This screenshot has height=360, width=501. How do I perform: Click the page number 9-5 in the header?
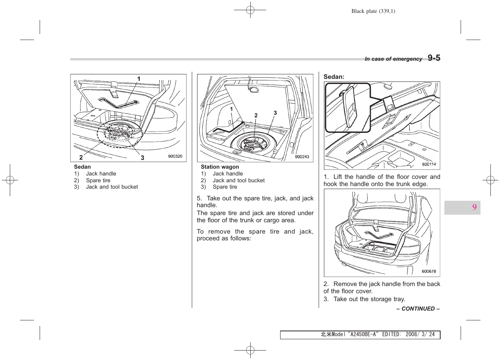(x=434, y=58)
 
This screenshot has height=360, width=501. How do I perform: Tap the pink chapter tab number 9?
(x=474, y=207)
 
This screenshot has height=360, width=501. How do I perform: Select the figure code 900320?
(x=175, y=156)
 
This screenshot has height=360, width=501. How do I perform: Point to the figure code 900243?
(x=302, y=157)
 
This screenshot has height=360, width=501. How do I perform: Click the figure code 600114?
(x=429, y=164)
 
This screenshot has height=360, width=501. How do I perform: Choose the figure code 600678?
(x=429, y=271)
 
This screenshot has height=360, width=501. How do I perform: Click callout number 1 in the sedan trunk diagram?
(x=139, y=79)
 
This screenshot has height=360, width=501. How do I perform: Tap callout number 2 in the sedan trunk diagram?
(x=81, y=157)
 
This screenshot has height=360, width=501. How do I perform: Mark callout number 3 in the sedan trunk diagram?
(x=142, y=158)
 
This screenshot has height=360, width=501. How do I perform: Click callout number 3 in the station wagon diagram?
(x=275, y=113)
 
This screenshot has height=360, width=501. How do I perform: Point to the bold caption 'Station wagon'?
(x=220, y=167)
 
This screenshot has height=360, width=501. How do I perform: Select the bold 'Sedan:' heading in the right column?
(x=334, y=77)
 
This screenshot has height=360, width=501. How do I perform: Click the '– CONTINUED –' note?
(x=418, y=309)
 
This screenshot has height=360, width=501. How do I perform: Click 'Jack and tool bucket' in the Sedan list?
(x=112, y=187)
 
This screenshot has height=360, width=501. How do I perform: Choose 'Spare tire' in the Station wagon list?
(x=225, y=187)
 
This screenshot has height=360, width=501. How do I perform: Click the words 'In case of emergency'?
(x=393, y=59)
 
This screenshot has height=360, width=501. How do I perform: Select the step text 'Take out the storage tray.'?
(x=369, y=299)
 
